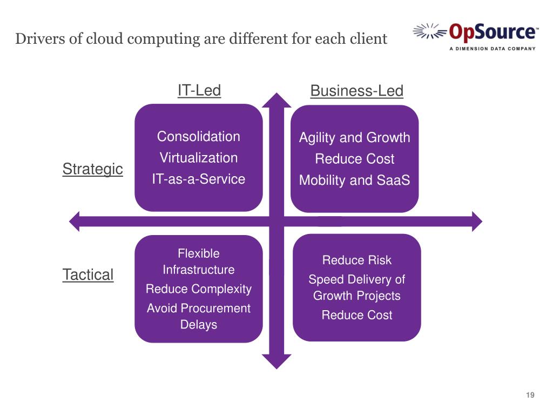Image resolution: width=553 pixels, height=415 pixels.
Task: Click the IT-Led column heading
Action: point(199,90)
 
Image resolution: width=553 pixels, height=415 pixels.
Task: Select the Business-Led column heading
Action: point(356,91)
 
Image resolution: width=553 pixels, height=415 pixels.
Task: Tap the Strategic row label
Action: point(92,169)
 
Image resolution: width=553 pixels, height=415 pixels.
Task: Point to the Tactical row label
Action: point(88,275)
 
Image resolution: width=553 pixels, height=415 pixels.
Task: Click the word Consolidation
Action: point(198,137)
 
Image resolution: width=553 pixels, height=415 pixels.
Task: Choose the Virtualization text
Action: point(198,158)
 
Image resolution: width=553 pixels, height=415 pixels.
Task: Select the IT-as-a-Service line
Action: point(198,179)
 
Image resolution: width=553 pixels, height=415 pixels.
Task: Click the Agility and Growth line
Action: point(354,138)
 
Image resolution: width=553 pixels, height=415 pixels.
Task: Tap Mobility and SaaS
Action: point(354,180)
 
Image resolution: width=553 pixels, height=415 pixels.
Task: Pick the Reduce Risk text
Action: point(356,260)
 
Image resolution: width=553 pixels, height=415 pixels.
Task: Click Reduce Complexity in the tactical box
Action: point(198,289)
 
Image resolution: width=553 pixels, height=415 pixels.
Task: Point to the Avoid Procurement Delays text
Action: point(198,316)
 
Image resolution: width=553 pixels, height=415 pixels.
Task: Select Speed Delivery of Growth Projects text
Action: point(356,287)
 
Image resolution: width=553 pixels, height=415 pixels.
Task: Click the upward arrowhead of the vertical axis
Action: point(276,101)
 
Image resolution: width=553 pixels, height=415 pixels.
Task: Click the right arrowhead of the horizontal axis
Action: point(476,220)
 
